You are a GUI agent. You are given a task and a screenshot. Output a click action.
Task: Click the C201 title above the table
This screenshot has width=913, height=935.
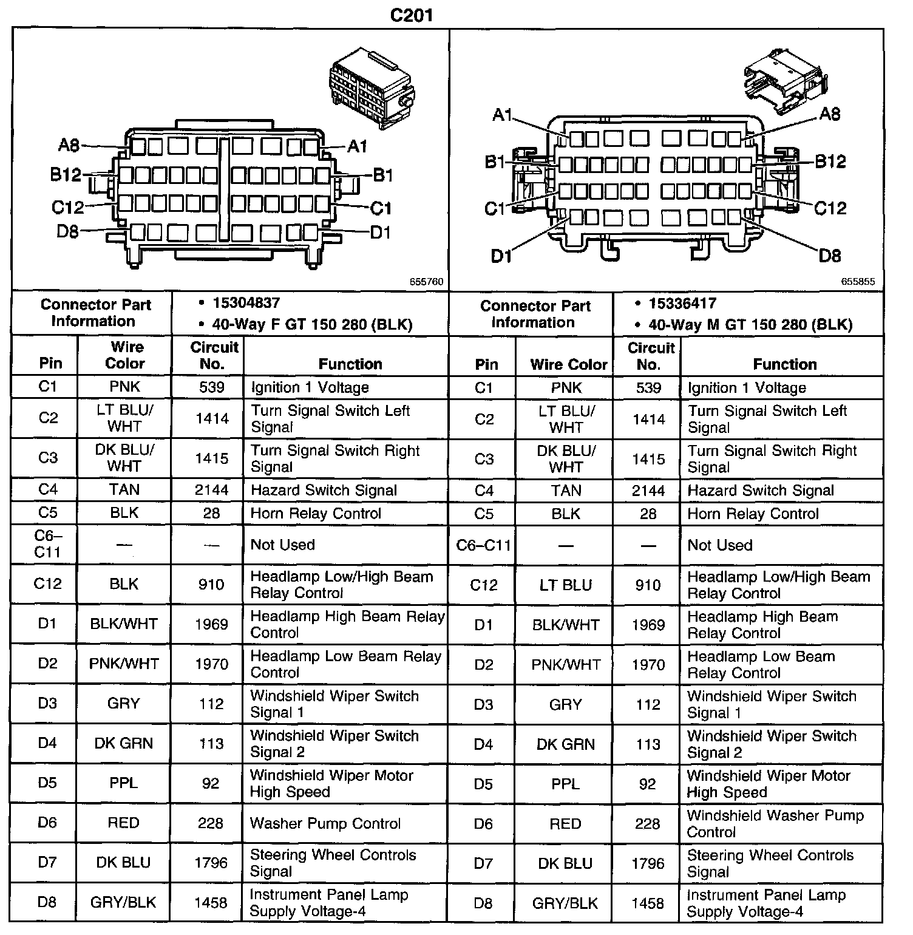(x=411, y=15)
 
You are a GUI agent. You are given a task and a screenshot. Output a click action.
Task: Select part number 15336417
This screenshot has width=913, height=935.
(x=682, y=303)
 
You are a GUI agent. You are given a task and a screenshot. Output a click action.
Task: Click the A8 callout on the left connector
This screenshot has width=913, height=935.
(x=69, y=145)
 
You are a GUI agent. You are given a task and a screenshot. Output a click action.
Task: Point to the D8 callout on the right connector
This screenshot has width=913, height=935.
(x=830, y=255)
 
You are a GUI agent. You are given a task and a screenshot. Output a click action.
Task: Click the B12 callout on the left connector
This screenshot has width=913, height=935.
(x=66, y=175)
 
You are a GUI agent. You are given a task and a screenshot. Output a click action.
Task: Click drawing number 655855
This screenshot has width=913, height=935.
(x=858, y=282)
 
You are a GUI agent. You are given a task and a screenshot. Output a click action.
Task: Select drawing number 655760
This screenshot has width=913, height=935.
(x=426, y=282)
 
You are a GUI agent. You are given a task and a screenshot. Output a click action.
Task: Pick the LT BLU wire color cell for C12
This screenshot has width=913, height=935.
(x=566, y=585)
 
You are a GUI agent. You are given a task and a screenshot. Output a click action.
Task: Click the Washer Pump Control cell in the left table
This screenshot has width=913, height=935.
(x=325, y=823)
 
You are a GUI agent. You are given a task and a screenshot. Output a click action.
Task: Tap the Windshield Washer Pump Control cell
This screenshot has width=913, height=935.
(x=775, y=823)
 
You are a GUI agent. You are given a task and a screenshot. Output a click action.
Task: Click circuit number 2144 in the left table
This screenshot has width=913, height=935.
(x=211, y=490)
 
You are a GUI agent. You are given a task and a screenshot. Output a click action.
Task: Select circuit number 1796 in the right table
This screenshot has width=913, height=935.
(x=648, y=863)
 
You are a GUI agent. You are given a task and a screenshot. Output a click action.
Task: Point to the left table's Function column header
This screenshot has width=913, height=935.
(x=350, y=364)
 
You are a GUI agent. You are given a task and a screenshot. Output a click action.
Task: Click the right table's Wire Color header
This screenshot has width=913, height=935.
(x=568, y=364)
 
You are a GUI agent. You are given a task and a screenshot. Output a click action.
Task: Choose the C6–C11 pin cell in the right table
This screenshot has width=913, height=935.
(x=484, y=545)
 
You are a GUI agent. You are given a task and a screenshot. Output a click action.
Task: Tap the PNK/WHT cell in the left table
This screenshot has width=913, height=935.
(x=124, y=664)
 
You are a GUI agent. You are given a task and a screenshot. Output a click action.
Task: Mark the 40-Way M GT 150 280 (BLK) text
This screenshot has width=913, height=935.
(x=750, y=325)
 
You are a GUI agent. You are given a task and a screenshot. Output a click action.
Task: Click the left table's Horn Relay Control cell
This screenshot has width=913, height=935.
(x=316, y=513)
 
